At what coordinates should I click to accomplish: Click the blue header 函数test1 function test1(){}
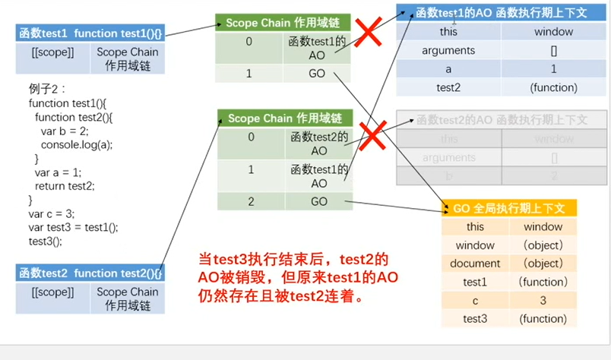point(90,33)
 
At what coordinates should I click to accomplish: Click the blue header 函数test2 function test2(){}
point(90,273)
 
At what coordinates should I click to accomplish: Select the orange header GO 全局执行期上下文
point(509,208)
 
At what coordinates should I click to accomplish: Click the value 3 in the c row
point(543,300)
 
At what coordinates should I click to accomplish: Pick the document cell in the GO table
point(475,264)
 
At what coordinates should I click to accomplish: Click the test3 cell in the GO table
point(475,318)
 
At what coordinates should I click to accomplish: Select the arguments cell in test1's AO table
point(448,51)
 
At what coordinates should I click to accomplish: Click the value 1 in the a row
point(553,69)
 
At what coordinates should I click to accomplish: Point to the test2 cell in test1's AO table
point(448,87)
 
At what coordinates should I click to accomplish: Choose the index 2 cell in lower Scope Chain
point(250,201)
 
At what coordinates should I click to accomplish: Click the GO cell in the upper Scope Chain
point(317,75)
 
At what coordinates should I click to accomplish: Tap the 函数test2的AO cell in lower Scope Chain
point(318,144)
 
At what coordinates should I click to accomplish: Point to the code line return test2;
point(65,185)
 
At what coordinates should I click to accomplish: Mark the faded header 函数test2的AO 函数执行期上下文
point(501,119)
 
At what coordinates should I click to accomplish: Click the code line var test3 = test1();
point(74,227)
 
